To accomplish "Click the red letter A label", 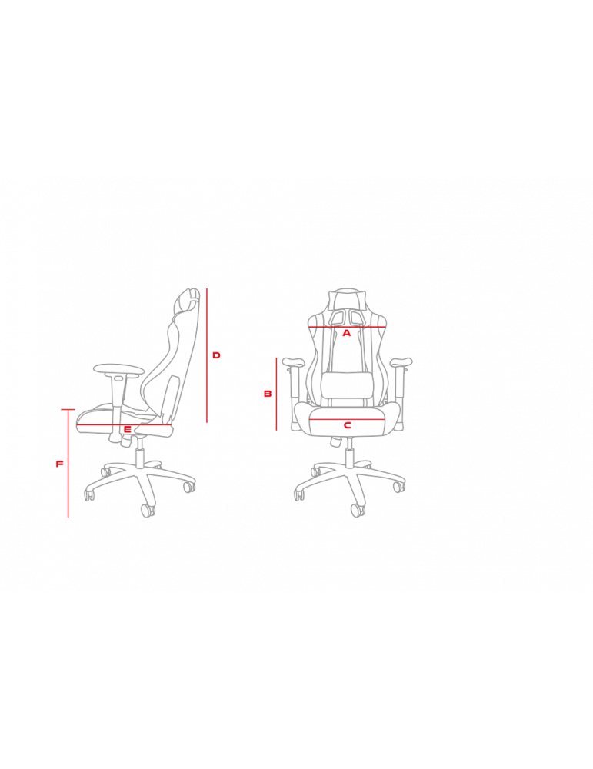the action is click(347, 333).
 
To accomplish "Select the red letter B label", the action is click(268, 393).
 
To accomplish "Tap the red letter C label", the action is click(348, 425).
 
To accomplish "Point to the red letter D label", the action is click(216, 355).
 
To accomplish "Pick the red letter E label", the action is click(127, 430).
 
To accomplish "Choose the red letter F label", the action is click(60, 464).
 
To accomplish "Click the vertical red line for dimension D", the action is click(207, 355).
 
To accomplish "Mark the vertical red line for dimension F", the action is click(68, 463).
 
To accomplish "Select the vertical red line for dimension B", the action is click(277, 394).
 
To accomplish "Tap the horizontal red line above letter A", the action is click(348, 327).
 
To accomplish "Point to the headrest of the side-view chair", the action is click(188, 300).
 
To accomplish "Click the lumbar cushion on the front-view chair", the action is click(348, 385).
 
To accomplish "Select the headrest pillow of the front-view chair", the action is click(348, 297).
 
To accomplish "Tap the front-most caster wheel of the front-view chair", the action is click(358, 510).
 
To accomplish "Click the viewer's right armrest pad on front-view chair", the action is click(401, 362).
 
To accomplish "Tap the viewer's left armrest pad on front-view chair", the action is click(293, 362).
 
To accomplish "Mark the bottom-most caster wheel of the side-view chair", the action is click(148, 510).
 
